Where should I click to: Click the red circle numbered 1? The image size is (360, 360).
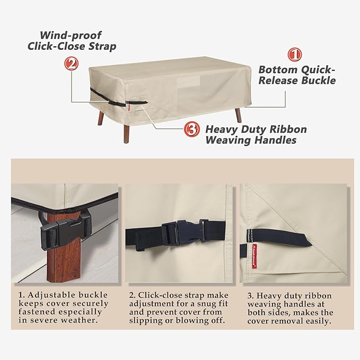295,55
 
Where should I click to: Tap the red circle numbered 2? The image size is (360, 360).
72,64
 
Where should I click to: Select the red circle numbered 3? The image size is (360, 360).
191,130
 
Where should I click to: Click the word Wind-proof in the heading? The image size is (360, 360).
71,36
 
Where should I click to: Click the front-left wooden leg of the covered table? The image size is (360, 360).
126,133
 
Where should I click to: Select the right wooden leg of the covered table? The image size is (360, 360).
238,115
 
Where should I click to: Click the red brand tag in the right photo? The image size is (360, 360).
254,256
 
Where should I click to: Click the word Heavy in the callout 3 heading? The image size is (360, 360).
218,130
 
